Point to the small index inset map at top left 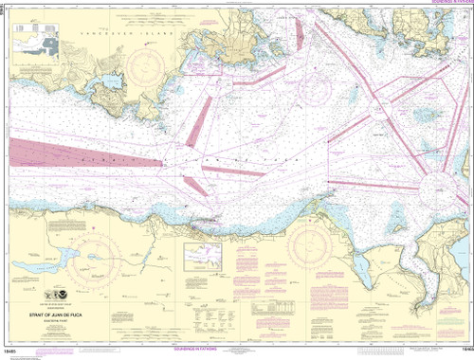pyautogui.click(x=35, y=41)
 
